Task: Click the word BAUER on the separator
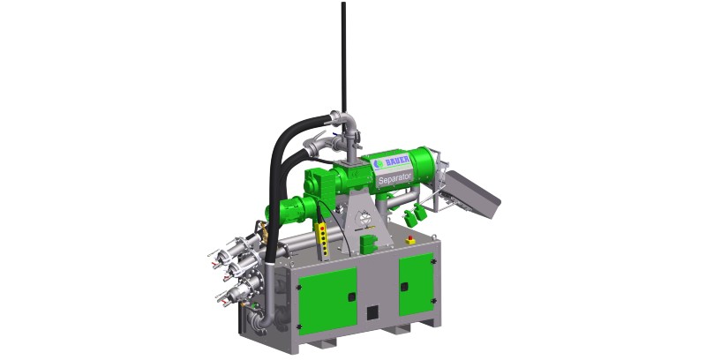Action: pyautogui.click(x=398, y=161)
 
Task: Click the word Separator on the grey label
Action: pyautogui.click(x=394, y=178)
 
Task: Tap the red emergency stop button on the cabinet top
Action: pyautogui.click(x=410, y=240)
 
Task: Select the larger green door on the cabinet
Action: pyautogui.click(x=327, y=301)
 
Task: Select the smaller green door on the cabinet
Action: pyautogui.click(x=416, y=285)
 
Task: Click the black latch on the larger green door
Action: pyautogui.click(x=351, y=296)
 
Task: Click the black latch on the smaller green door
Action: pyautogui.click(x=404, y=287)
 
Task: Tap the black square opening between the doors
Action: pyautogui.click(x=372, y=312)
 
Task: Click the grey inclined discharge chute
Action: pyautogui.click(x=470, y=194)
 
